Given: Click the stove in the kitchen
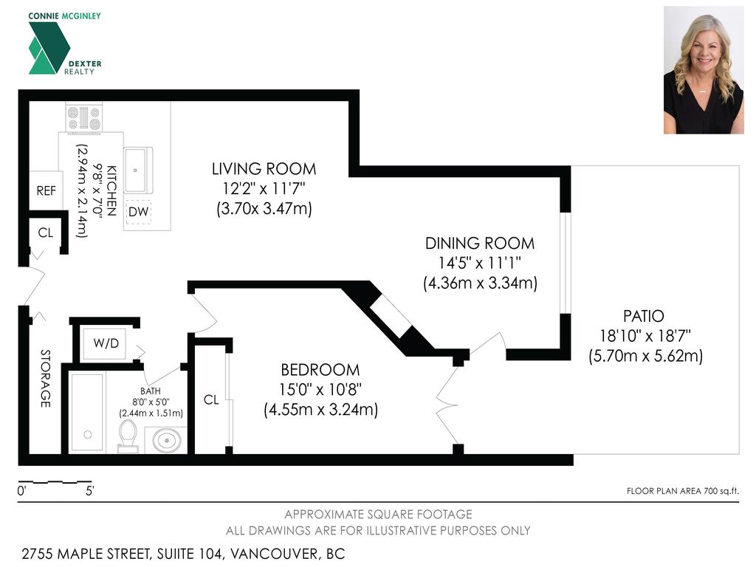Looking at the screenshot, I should click(83, 118).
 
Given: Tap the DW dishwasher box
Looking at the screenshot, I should click(138, 212).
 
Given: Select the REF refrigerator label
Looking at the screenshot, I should click(46, 190).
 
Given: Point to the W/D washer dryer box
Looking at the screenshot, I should click(104, 343).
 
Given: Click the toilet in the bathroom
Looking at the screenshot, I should click(128, 436).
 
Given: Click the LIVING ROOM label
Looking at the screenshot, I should click(264, 169).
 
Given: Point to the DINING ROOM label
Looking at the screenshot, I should click(479, 243).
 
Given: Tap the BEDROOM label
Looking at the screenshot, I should click(320, 370).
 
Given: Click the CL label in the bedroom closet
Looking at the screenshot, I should click(211, 400).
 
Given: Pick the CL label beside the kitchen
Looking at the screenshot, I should click(46, 233).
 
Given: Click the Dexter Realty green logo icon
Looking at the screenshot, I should click(49, 48).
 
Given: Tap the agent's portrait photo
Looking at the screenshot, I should click(703, 70).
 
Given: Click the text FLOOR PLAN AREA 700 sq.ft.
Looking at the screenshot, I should click(682, 491).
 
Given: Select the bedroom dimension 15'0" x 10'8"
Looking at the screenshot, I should click(320, 390).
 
